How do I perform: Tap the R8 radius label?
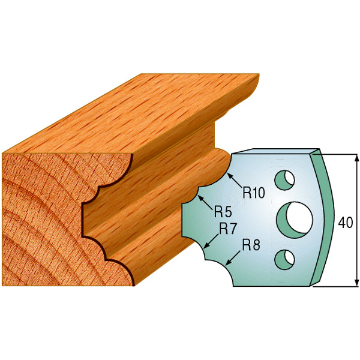(250, 245)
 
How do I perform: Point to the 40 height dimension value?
(345, 223)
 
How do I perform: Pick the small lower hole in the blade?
(284, 258)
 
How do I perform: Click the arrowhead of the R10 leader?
(229, 178)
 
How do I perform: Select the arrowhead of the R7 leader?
(205, 248)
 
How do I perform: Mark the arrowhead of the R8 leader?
(227, 264)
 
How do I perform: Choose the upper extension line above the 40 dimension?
(336, 154)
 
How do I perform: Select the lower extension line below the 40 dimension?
(336, 286)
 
